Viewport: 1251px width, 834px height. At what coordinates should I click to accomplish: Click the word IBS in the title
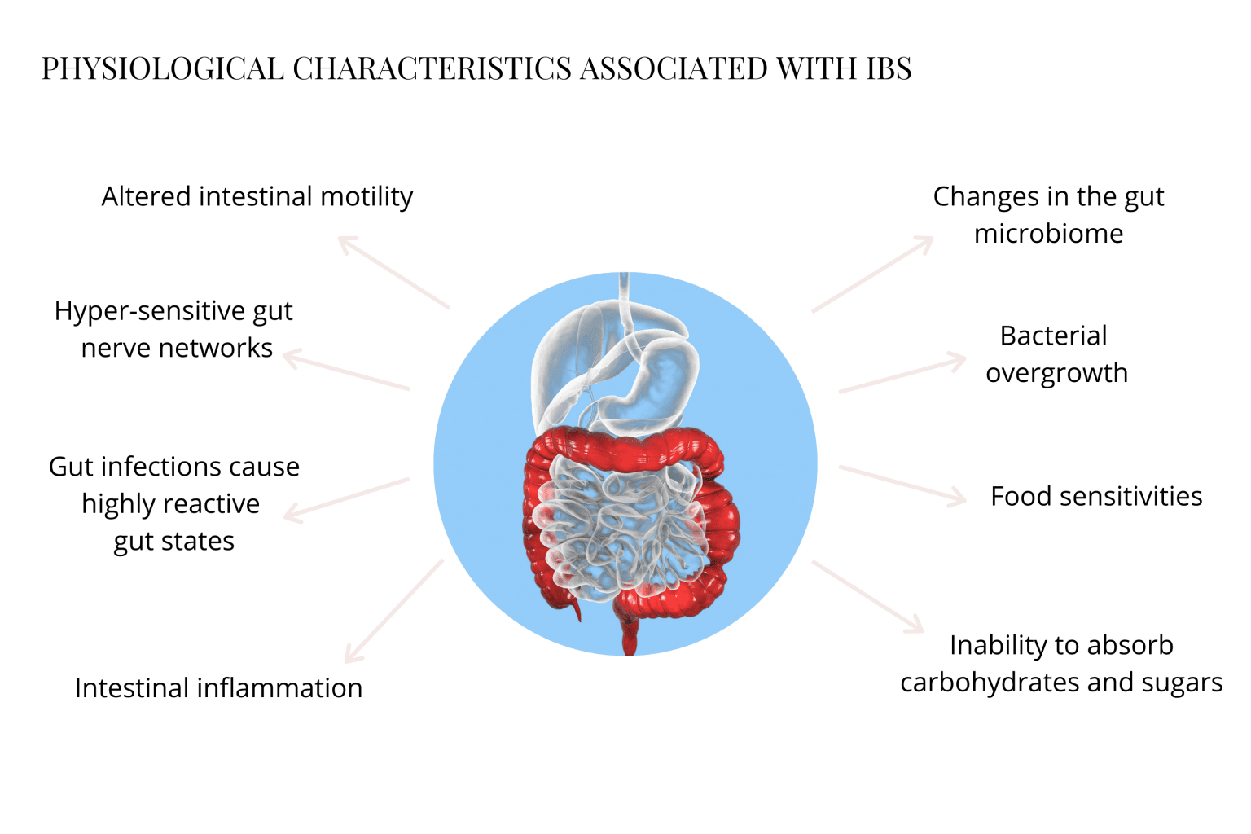[889, 69]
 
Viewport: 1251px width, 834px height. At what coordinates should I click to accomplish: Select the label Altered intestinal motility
[257, 196]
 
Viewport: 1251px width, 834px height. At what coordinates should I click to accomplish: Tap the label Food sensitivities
[1096, 496]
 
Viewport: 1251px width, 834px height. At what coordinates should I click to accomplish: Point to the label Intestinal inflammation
[218, 688]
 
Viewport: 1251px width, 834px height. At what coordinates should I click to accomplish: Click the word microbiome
[1048, 234]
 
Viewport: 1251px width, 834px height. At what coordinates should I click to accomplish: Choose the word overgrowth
[1056, 373]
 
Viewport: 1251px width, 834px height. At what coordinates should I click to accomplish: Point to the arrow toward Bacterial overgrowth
[902, 375]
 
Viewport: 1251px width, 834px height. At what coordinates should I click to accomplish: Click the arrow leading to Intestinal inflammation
[394, 611]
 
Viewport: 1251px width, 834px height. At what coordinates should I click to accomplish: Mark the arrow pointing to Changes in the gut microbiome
[872, 274]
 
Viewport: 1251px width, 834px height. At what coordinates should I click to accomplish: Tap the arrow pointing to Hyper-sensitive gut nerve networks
[346, 371]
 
